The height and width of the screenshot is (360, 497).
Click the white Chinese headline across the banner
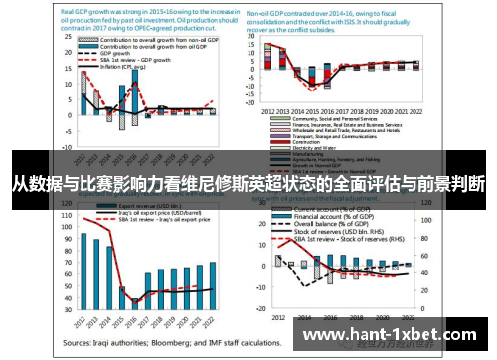[x=248, y=183]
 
